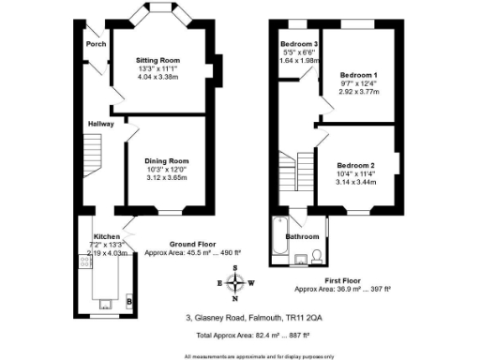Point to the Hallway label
pos(101,123)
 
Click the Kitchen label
pos(107,236)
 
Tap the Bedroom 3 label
pos(299,44)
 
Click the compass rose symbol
pos(236,282)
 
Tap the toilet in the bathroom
pos(319,255)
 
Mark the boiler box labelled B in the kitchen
pos(128,302)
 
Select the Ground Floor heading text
pos(200,244)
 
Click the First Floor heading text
pos(344,280)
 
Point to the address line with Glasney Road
pos(240,316)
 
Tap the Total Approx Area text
pos(240,334)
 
